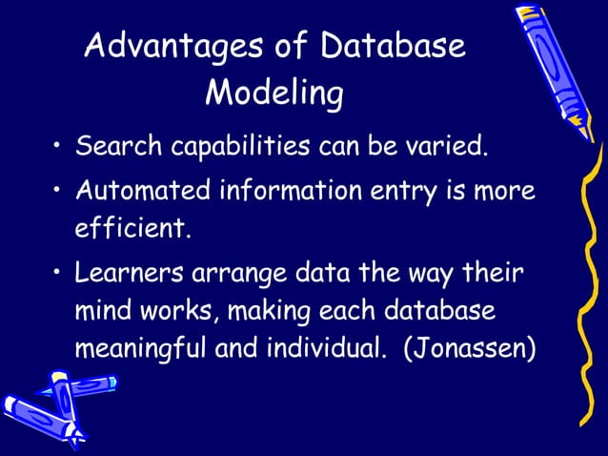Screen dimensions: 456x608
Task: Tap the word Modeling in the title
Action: click(274, 93)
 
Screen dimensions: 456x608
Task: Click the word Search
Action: click(119, 148)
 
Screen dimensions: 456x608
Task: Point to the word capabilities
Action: click(240, 150)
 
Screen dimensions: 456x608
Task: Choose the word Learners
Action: click(129, 273)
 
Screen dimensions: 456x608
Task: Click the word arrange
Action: click(236, 275)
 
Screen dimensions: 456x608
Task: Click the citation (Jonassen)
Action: click(470, 349)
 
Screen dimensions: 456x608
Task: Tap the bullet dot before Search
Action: click(59, 149)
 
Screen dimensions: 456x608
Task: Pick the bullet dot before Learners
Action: click(59, 274)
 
